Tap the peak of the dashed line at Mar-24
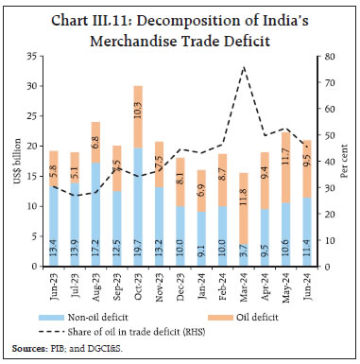tap(244, 67)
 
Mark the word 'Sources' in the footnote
tap(25, 350)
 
